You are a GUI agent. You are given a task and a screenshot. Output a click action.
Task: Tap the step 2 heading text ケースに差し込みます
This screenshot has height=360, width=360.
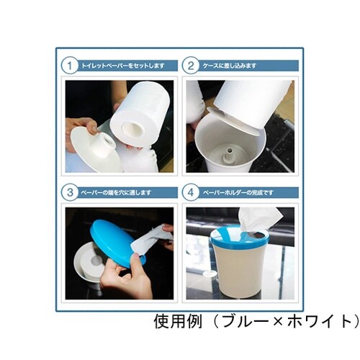(x=230, y=66)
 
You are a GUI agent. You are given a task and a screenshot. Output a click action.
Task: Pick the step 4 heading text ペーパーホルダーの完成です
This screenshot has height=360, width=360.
(x=240, y=193)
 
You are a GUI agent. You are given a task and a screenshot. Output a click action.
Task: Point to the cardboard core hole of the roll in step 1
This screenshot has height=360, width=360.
(x=132, y=130)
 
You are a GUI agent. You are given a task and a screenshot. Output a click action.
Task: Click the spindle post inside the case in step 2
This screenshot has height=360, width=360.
(x=230, y=154)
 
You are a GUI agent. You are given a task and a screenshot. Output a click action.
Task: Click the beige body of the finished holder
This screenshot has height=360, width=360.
(x=238, y=270)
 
